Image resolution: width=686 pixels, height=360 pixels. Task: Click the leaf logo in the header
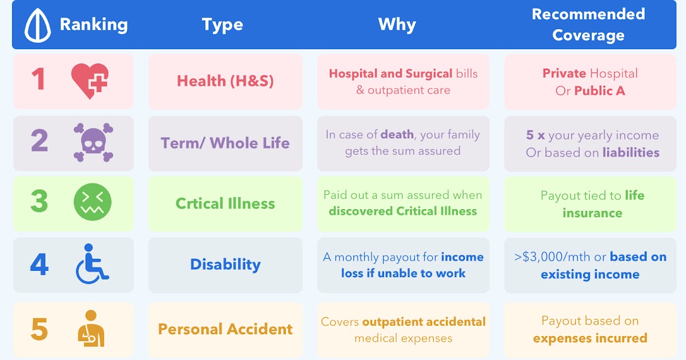pyautogui.click(x=38, y=26)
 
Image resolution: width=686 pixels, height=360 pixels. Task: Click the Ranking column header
pyautogui.click(x=93, y=25)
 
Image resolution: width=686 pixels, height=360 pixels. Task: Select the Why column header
pyautogui.click(x=397, y=25)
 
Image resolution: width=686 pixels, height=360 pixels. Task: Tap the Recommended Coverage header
pyautogui.click(x=588, y=25)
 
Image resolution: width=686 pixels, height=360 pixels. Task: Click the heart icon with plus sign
pyautogui.click(x=90, y=81)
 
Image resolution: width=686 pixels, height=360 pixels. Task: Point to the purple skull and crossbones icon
pyautogui.click(x=93, y=142)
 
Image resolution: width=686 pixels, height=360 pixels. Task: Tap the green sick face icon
pyautogui.click(x=93, y=203)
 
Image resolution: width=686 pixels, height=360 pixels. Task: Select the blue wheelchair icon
pyautogui.click(x=91, y=264)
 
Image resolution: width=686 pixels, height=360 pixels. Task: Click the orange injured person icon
pyautogui.click(x=91, y=329)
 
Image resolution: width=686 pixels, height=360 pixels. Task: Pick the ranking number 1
pyautogui.click(x=38, y=79)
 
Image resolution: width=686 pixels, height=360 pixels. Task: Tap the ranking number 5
pyautogui.click(x=39, y=329)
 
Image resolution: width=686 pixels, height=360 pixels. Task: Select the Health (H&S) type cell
pyautogui.click(x=225, y=81)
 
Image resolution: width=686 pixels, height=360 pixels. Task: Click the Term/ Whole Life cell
pyautogui.click(x=225, y=143)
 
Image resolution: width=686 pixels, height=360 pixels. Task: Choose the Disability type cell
pyautogui.click(x=225, y=265)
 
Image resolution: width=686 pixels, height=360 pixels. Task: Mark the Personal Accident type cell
pyautogui.click(x=225, y=329)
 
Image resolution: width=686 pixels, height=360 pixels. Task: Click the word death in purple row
pyautogui.click(x=398, y=135)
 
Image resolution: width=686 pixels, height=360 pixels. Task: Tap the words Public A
pyautogui.click(x=600, y=91)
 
